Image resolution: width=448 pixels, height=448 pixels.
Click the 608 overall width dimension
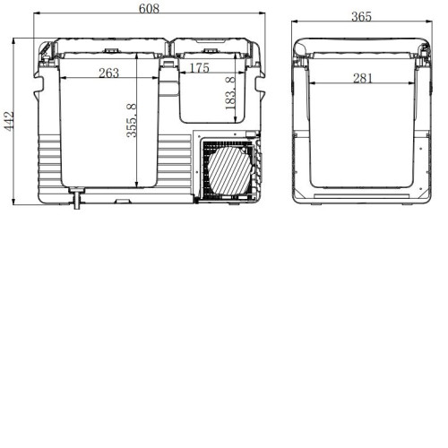149,9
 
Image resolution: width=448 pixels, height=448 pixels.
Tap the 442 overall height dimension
9,121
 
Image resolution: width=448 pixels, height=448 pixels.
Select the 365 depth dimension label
361,17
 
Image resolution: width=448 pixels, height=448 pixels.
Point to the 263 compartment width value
109,73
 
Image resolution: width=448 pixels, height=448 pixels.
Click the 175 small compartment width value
200,68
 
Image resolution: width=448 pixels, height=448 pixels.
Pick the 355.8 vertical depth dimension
132,120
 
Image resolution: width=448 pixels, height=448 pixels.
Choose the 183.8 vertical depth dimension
230,93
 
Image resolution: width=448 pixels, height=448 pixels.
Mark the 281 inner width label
363,78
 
